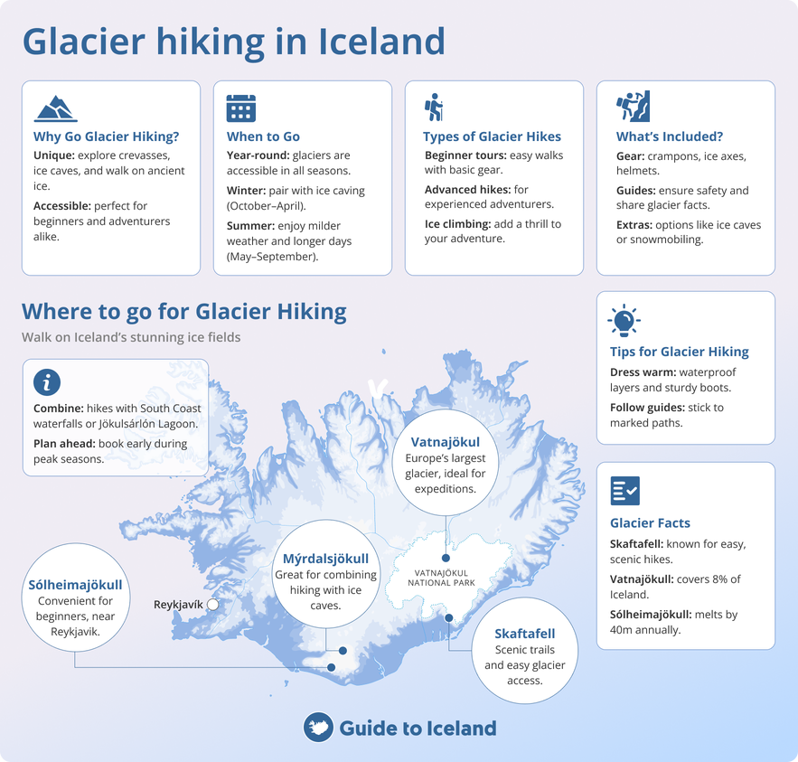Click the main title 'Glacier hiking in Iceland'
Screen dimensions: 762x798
[x=233, y=42]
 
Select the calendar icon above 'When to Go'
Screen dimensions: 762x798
[x=240, y=108]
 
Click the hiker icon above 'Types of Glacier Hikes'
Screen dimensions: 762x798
[x=433, y=108]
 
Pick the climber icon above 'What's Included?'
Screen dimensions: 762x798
[x=633, y=107]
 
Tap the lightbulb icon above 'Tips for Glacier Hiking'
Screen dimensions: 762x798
[x=624, y=320]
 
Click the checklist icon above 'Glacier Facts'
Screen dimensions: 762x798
[x=624, y=491]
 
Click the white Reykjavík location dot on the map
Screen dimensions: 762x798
[x=212, y=604]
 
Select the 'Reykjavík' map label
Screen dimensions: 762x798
[x=178, y=604]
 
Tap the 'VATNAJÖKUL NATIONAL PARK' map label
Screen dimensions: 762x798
[x=441, y=578]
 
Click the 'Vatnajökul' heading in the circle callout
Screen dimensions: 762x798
[x=445, y=443]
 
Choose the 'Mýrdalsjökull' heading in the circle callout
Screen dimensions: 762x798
[x=326, y=558]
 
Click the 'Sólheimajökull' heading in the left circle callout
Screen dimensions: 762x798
[x=75, y=584]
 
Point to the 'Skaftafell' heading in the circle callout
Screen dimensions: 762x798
[x=524, y=633]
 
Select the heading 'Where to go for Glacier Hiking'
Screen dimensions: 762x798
[x=184, y=312]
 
